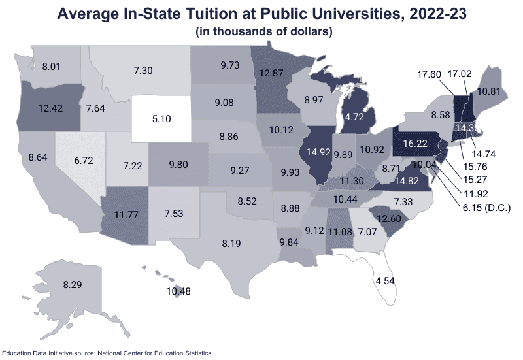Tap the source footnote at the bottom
(107, 353)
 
